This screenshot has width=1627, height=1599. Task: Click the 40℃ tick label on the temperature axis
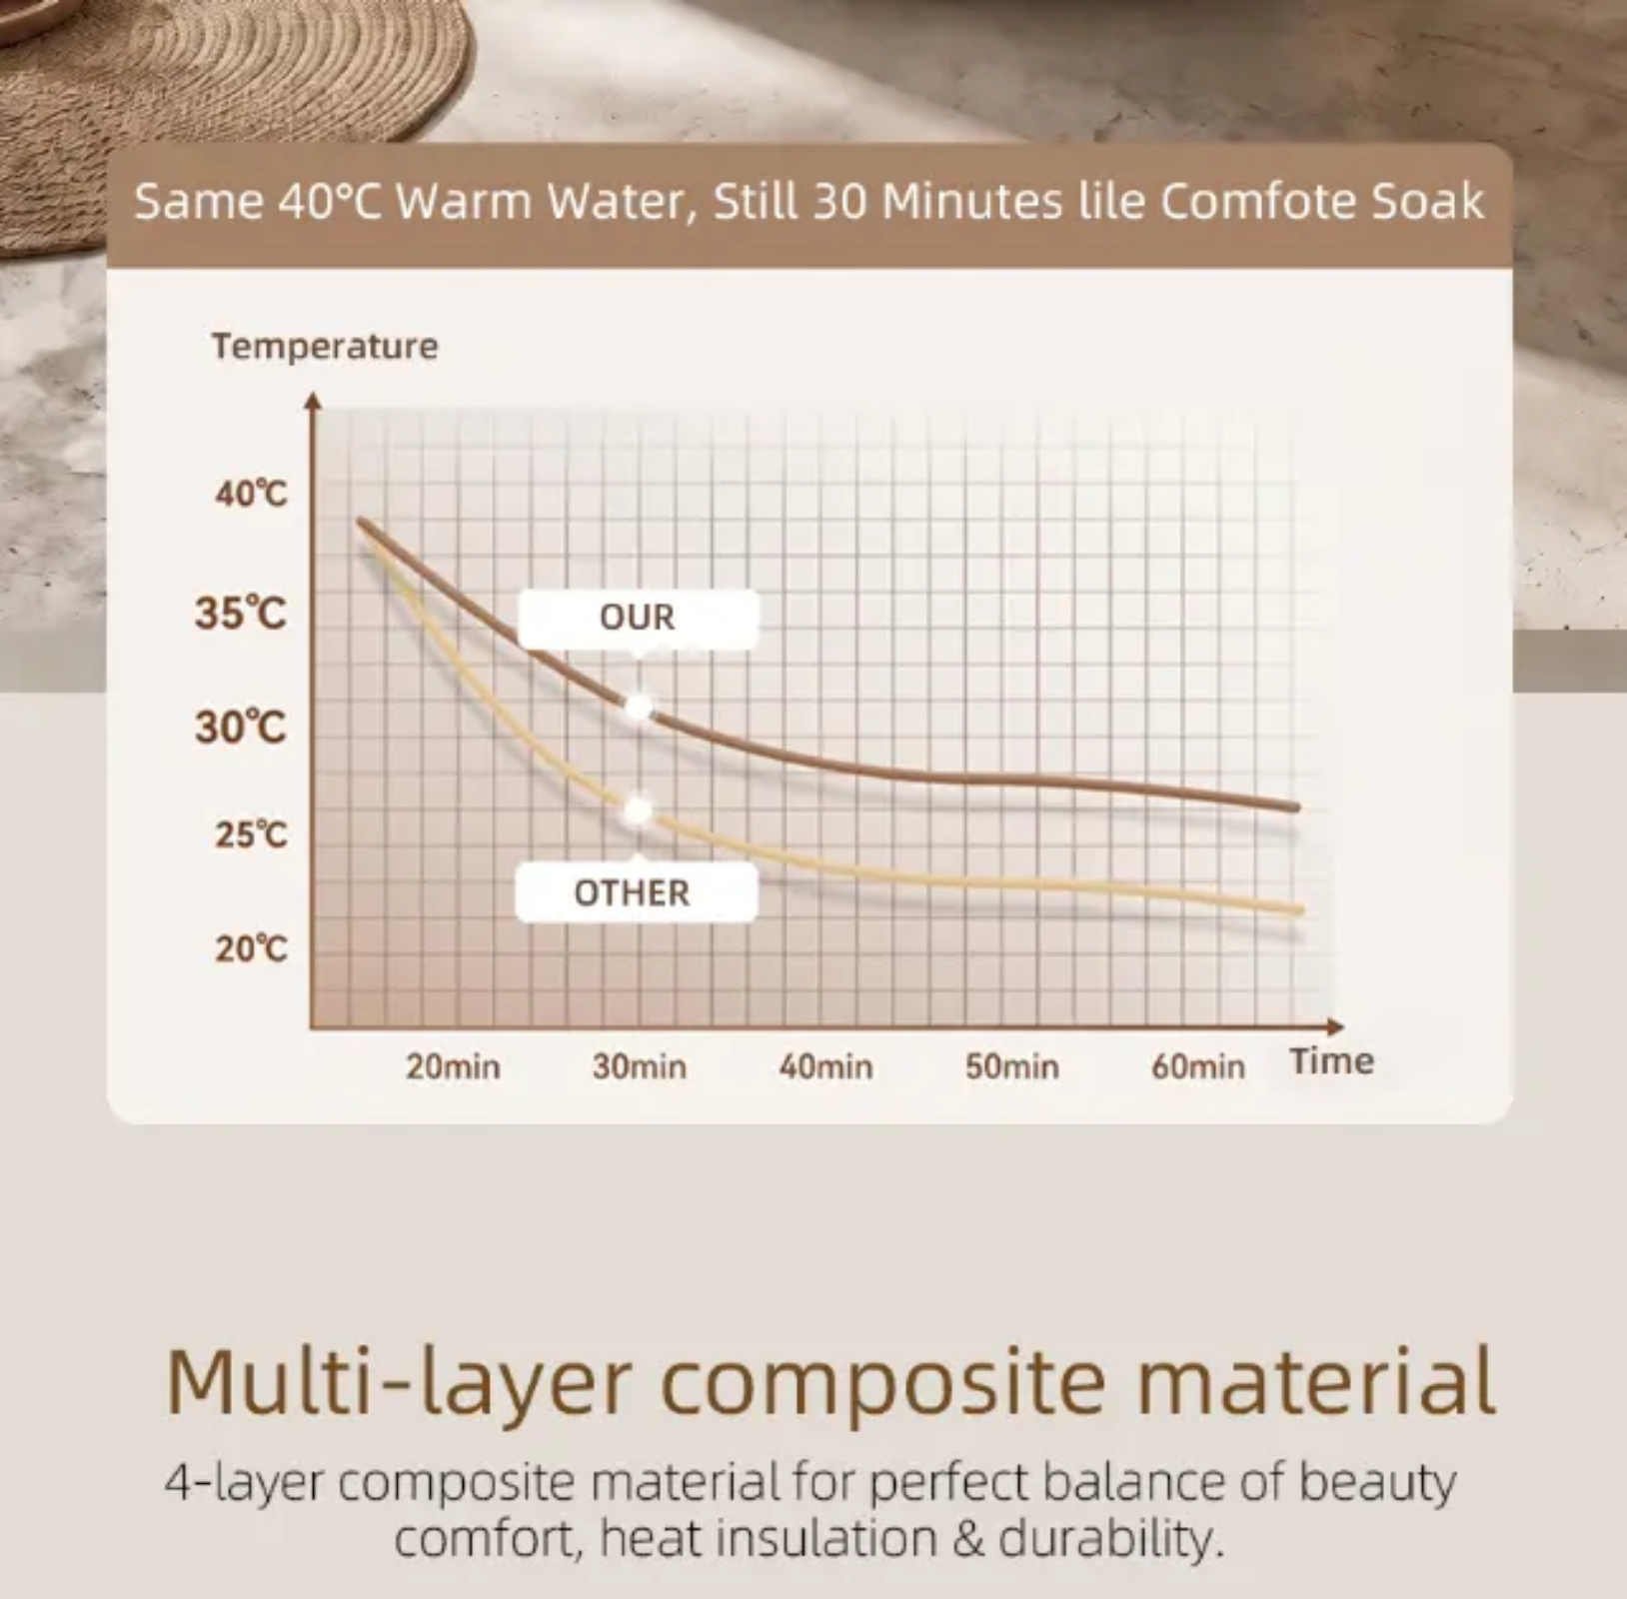tap(251, 494)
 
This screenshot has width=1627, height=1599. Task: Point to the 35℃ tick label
tap(241, 613)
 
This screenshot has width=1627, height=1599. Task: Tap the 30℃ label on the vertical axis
tap(241, 727)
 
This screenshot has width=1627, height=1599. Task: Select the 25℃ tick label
tap(251, 834)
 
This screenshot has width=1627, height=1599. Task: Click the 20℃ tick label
tap(251, 948)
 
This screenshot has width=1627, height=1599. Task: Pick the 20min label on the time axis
tap(453, 1066)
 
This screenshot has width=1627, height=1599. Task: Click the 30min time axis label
tap(640, 1066)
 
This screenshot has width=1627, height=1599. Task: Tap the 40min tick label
tap(826, 1066)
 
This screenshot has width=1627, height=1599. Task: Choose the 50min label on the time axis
tap(1012, 1066)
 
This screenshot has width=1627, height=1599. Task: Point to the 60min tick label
tap(1198, 1066)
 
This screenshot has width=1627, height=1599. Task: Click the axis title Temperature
tap(325, 347)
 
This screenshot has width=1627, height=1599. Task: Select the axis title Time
tap(1331, 1060)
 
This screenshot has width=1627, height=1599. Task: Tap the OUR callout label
tap(638, 618)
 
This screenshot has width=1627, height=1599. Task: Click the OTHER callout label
tap(636, 891)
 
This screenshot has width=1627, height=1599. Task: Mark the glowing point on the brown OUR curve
tap(638, 708)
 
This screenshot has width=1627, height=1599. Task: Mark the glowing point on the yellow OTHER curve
tap(637, 810)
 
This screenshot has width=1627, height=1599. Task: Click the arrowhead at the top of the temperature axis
tap(314, 401)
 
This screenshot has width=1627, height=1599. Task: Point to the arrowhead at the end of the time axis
tap(1335, 1026)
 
